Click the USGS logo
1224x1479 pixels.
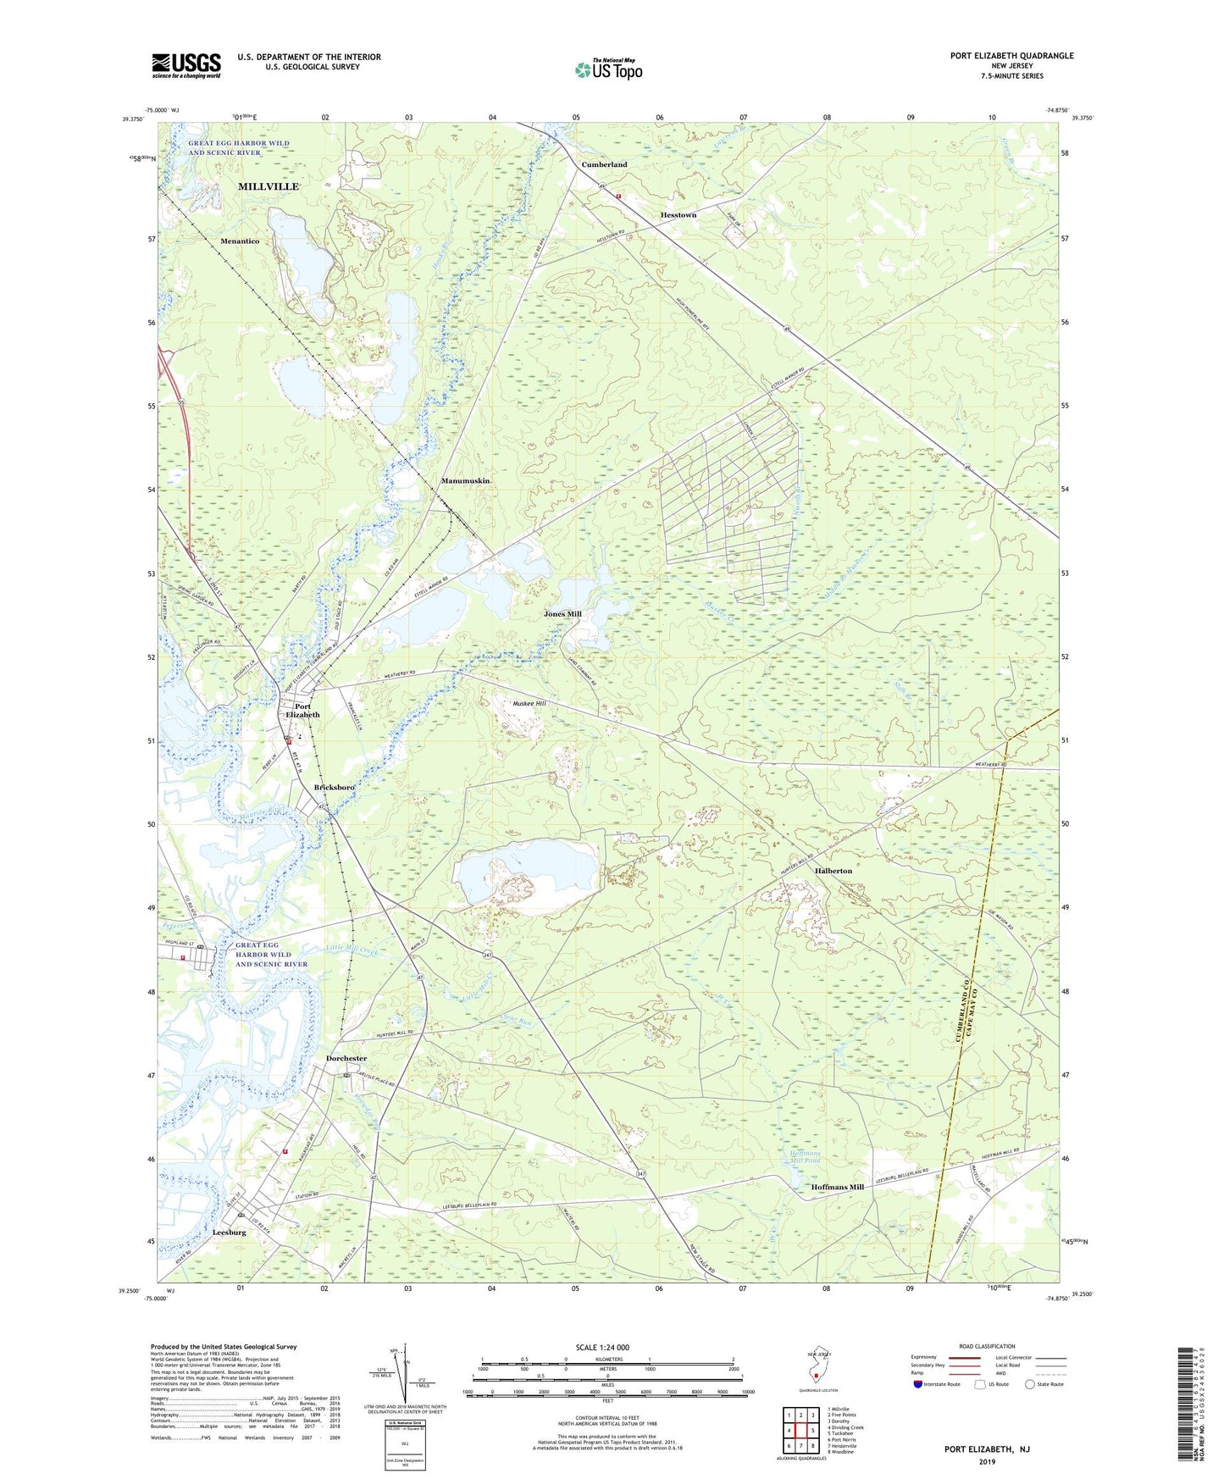click(x=186, y=64)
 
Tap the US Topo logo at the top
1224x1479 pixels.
click(x=608, y=69)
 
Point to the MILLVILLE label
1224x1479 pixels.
click(x=268, y=186)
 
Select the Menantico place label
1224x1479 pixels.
click(x=240, y=241)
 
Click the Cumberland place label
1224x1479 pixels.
click(x=604, y=164)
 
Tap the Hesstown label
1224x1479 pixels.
click(x=678, y=215)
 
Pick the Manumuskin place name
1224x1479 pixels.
click(x=465, y=481)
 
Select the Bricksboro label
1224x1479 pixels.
click(x=334, y=788)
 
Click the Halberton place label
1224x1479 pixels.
click(x=834, y=871)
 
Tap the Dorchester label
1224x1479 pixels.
click(x=346, y=1059)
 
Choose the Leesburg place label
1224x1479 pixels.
click(x=230, y=1232)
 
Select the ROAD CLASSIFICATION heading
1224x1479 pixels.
click(x=987, y=1347)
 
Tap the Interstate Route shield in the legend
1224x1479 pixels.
click(x=919, y=1385)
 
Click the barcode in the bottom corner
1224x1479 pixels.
click(x=1190, y=1406)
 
